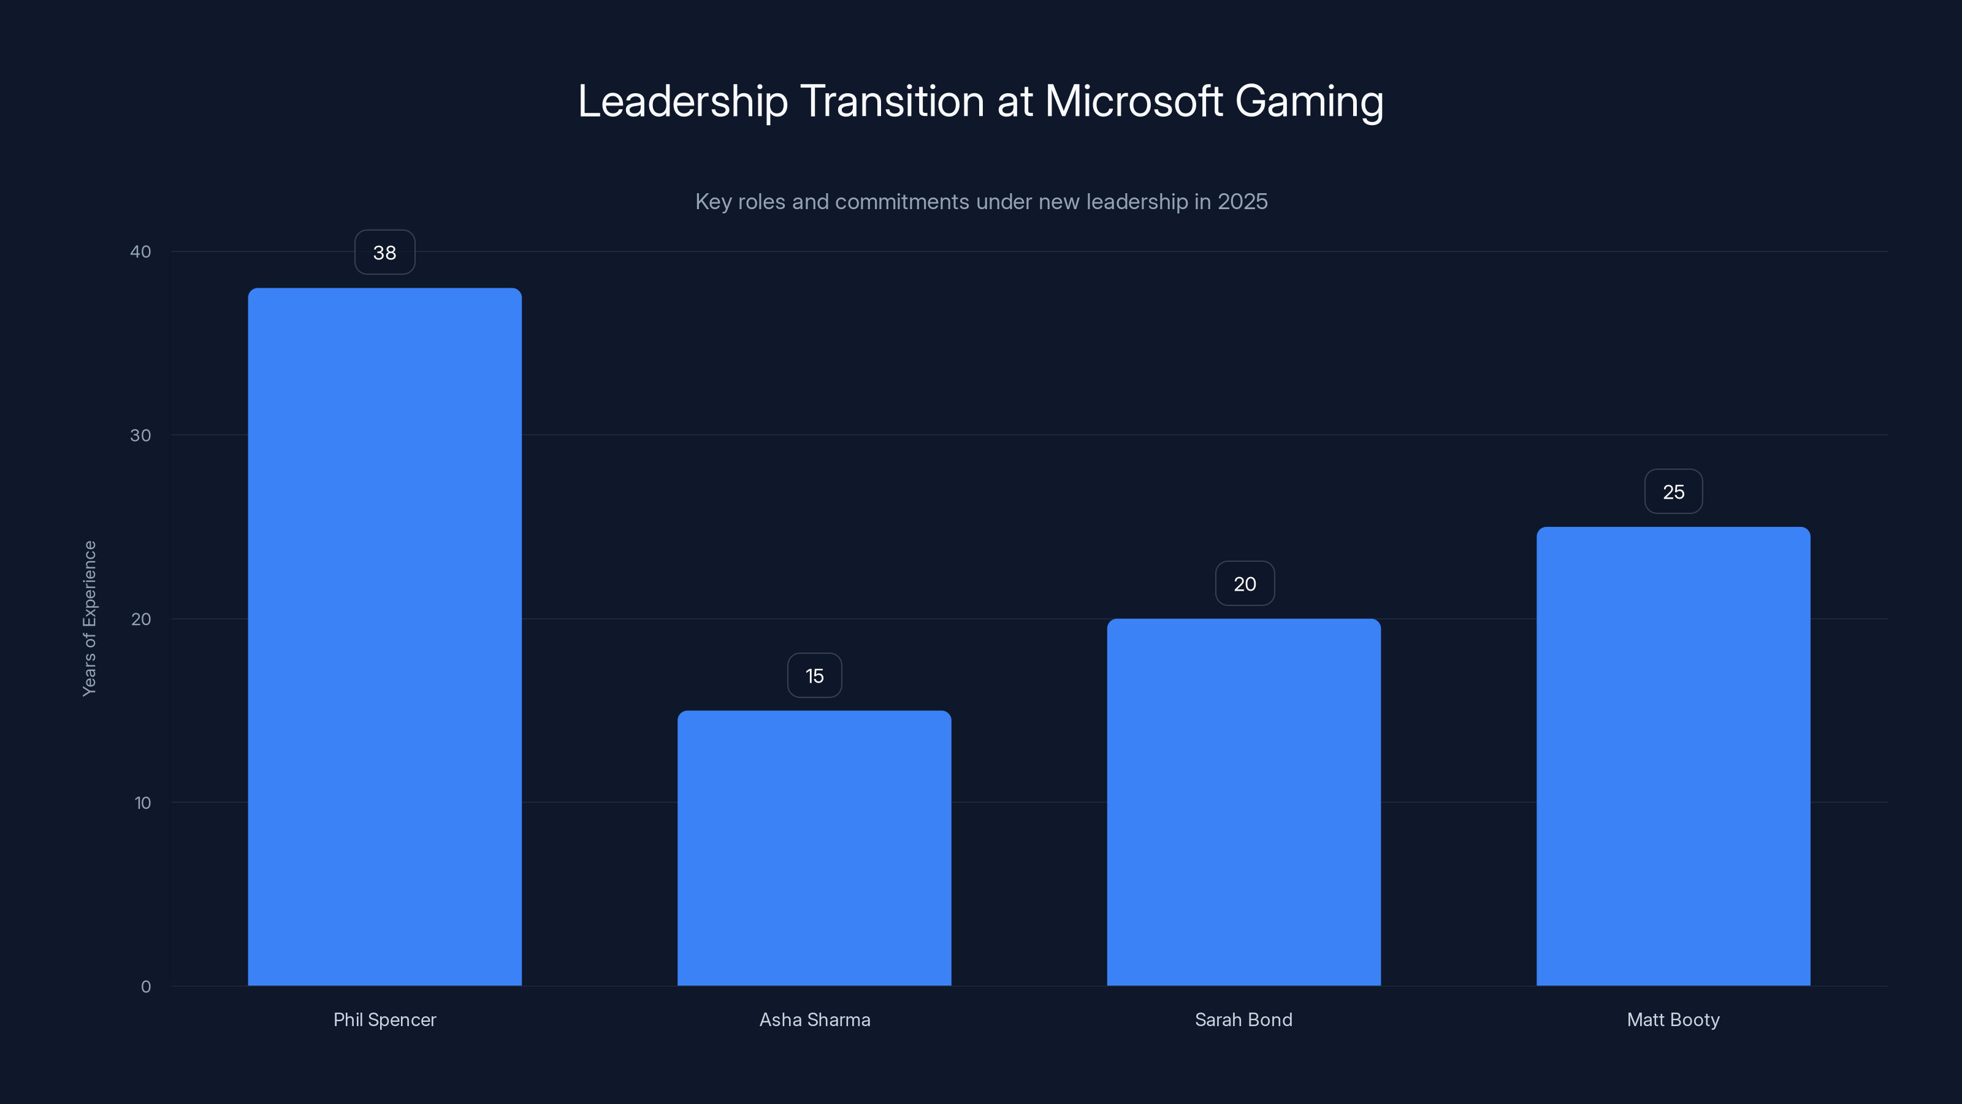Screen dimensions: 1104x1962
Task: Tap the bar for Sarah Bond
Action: point(1244,802)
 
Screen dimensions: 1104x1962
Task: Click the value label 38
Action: point(384,253)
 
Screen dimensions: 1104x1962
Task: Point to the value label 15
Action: point(814,676)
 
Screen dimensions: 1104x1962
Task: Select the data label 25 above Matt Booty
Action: point(1673,492)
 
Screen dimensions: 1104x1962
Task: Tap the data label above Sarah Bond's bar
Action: point(1245,585)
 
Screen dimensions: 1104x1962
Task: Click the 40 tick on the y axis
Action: point(141,251)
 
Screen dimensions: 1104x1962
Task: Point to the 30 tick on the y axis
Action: point(141,435)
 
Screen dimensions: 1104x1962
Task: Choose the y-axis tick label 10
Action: point(142,802)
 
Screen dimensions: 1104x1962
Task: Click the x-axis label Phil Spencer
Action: point(384,1019)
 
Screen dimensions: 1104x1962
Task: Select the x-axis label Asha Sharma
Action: point(814,1019)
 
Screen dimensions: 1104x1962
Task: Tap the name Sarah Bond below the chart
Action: point(1244,1019)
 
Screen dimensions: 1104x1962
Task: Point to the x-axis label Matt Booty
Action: point(1673,1019)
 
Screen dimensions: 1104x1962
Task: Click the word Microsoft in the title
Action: point(1133,101)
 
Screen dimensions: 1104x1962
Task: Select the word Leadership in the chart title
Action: point(682,101)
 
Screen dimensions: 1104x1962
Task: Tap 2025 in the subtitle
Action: point(1242,202)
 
